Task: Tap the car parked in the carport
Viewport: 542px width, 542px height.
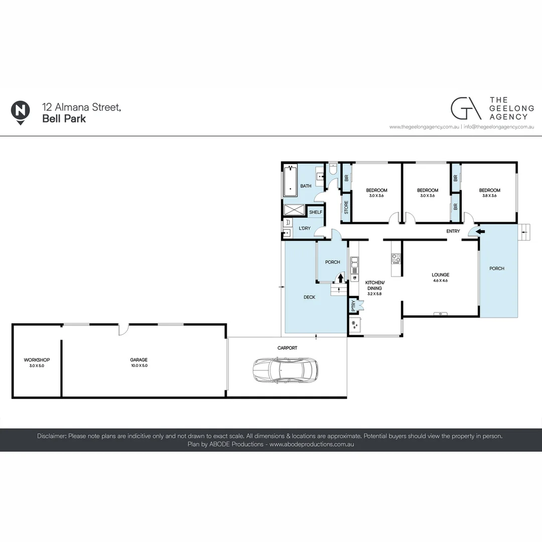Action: (285, 369)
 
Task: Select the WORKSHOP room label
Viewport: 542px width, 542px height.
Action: (37, 360)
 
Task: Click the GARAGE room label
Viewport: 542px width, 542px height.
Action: (139, 360)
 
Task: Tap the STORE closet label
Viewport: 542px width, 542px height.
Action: (346, 208)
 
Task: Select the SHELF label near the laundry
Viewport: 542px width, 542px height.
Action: (315, 212)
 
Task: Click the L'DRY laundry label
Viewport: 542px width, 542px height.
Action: (305, 228)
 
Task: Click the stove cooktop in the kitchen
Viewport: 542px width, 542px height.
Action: (395, 258)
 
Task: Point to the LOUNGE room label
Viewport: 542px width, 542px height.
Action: (440, 275)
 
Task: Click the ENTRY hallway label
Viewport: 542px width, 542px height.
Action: (453, 231)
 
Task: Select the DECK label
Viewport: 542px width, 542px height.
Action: (309, 297)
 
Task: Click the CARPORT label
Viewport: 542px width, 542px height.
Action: (287, 348)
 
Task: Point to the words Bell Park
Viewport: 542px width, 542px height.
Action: (64, 119)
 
